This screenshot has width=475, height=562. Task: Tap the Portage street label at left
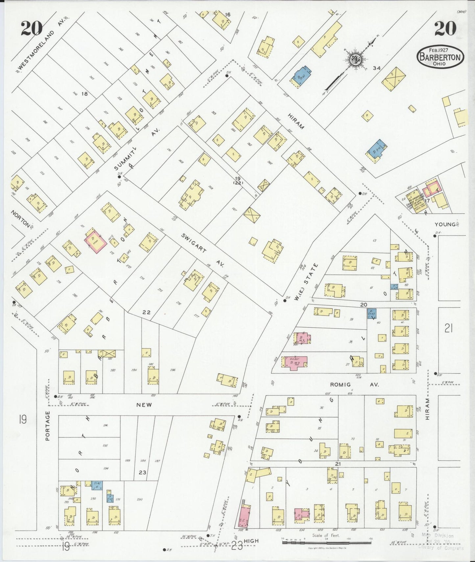click(x=48, y=426)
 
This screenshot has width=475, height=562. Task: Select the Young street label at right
click(x=445, y=224)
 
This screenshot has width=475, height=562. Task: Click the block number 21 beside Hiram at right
click(x=448, y=328)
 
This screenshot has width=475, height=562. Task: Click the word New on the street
click(x=144, y=405)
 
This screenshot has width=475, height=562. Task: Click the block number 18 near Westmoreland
click(x=84, y=94)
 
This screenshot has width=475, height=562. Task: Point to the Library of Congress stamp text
click(x=440, y=548)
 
